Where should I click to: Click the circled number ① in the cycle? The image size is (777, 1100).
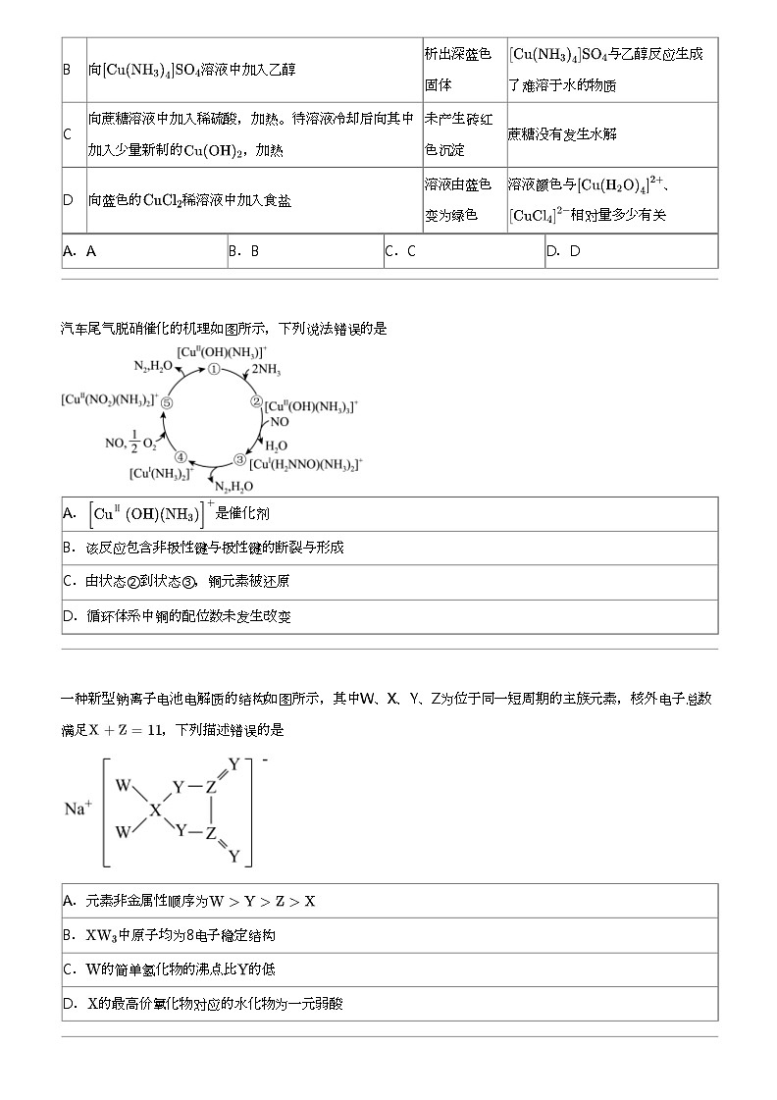[213, 370]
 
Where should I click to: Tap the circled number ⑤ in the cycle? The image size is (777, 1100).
[167, 402]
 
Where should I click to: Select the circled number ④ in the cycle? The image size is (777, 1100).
[180, 456]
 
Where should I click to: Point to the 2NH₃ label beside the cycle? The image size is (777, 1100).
[266, 371]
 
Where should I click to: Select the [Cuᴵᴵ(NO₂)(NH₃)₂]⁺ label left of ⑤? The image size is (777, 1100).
[109, 399]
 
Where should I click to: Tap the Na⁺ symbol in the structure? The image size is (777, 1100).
[78, 810]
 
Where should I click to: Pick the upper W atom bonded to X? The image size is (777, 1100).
[123, 786]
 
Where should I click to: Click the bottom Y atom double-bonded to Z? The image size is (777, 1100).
[233, 856]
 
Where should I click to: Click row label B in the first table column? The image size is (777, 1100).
[67, 70]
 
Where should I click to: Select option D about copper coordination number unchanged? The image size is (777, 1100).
[177, 616]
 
